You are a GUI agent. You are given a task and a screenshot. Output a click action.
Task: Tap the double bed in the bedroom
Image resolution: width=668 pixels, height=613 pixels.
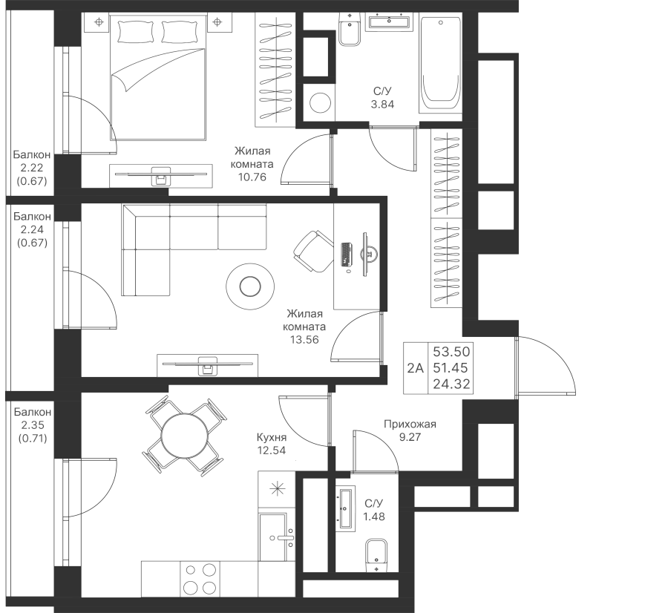coord(157,78)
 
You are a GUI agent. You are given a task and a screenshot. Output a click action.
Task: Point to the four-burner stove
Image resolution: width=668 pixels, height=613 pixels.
coord(200,579)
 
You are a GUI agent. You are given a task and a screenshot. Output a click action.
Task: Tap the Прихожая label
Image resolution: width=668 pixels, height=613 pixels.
coord(410,425)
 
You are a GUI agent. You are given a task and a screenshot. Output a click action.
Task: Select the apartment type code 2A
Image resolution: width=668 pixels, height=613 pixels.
coord(416,367)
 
